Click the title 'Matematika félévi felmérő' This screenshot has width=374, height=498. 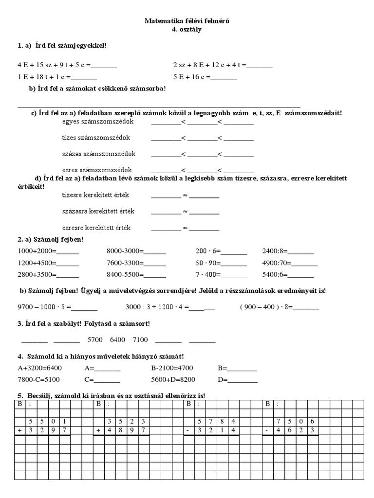(x=187, y=21)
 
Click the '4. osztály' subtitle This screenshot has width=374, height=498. (x=187, y=29)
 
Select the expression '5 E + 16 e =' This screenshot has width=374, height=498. (x=192, y=77)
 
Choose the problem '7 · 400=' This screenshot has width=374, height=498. (x=208, y=274)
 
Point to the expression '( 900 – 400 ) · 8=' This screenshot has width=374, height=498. (x=265, y=307)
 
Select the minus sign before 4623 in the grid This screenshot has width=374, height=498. (x=266, y=430)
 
